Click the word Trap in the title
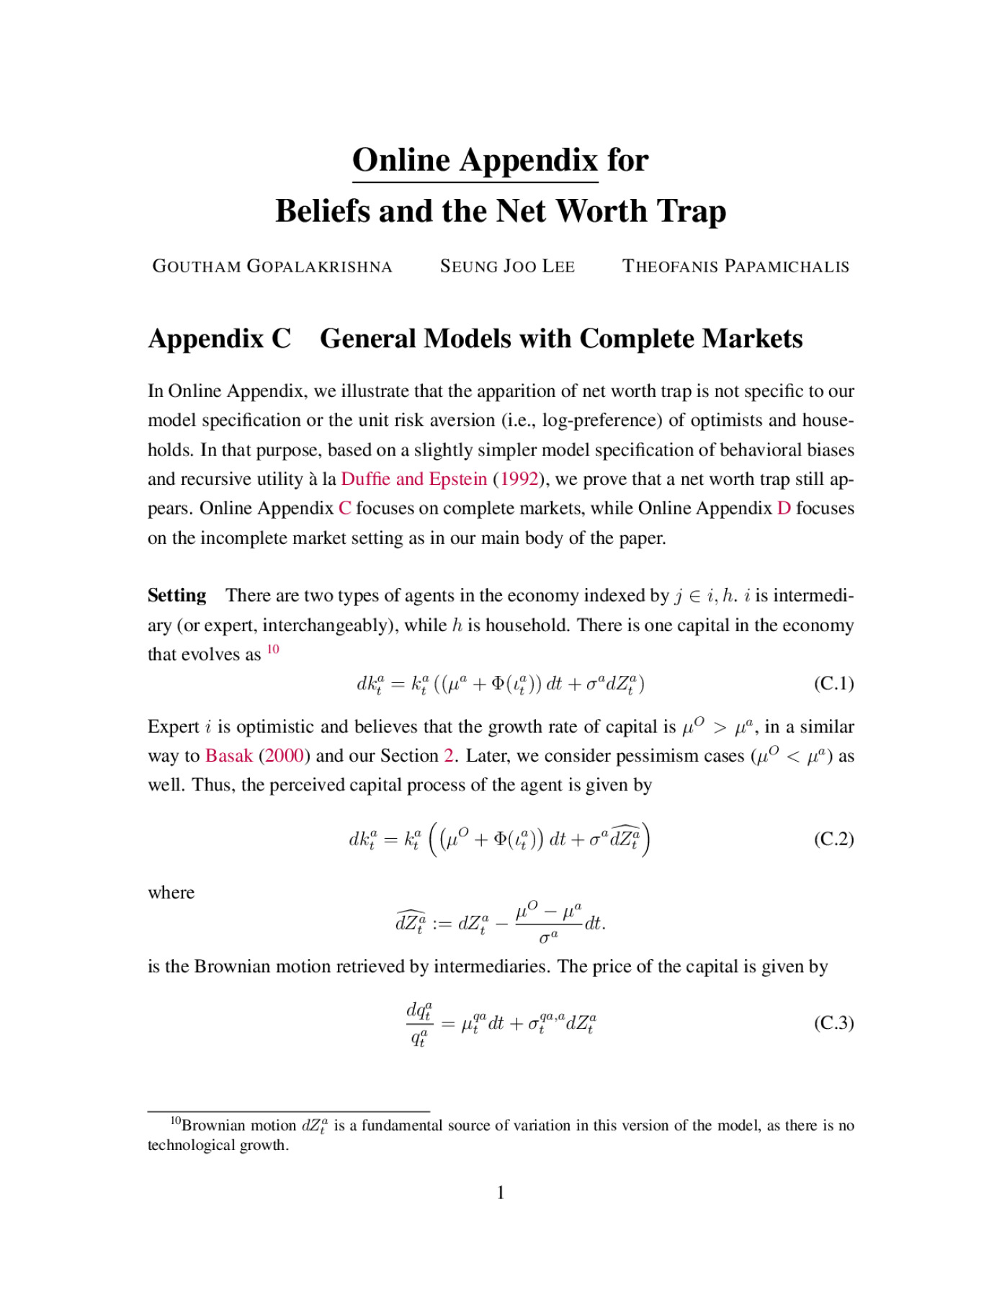[689, 211]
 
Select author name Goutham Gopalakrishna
[272, 267]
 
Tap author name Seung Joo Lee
[507, 267]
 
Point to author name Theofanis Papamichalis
[735, 267]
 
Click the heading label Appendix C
[220, 339]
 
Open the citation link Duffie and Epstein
[413, 479]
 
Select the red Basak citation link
[228, 756]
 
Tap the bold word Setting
[176, 595]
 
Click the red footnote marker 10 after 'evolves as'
[273, 649]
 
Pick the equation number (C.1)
[833, 683]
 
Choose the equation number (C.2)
[833, 839]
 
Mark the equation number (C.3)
[833, 1023]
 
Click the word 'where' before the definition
[171, 893]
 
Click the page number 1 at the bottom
[501, 1193]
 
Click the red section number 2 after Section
[449, 756]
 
